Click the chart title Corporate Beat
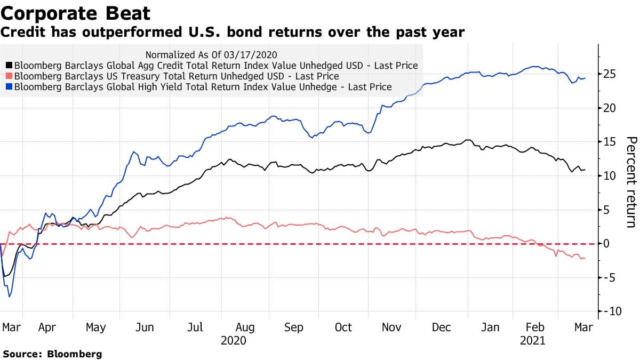[x=76, y=13]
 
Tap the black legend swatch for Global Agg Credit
[x=9, y=66]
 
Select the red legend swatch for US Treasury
[x=9, y=76]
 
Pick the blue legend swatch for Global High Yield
[x=9, y=87]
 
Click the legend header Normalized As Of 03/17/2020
[x=211, y=54]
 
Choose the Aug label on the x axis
[x=245, y=327]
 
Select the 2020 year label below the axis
[x=234, y=340]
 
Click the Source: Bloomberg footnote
[x=52, y=354]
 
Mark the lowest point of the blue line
[x=10, y=297]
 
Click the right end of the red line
[x=586, y=258]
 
